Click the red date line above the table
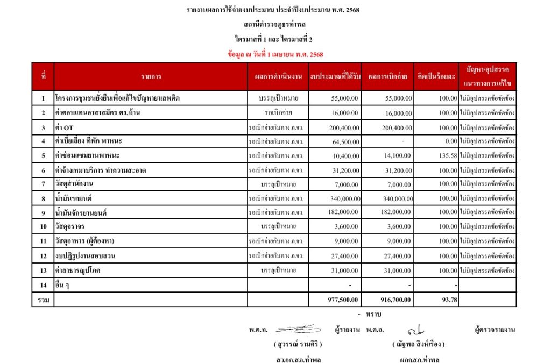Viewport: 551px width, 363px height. point(275,54)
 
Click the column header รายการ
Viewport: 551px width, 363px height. point(151,77)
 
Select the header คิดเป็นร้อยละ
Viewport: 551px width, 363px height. point(436,77)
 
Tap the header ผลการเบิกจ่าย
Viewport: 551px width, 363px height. point(387,77)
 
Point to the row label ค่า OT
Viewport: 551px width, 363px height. point(64,127)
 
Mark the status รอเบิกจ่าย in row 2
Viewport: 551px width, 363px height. point(278,113)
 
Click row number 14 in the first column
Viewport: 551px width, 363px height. point(43,285)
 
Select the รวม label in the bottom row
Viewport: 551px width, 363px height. point(43,300)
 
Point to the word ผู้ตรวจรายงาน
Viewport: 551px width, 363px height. point(495,329)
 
